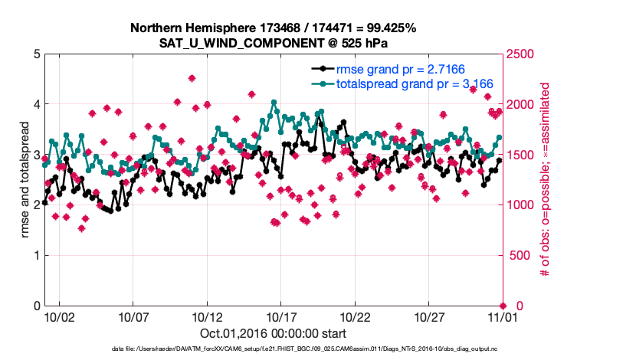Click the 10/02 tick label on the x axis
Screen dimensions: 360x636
59,316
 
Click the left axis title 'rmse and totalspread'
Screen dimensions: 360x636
15,180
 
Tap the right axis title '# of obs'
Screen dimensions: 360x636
546,180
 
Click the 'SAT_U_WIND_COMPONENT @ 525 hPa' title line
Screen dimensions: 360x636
274,42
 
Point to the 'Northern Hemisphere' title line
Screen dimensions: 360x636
274,28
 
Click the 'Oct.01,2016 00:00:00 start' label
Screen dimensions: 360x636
274,333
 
